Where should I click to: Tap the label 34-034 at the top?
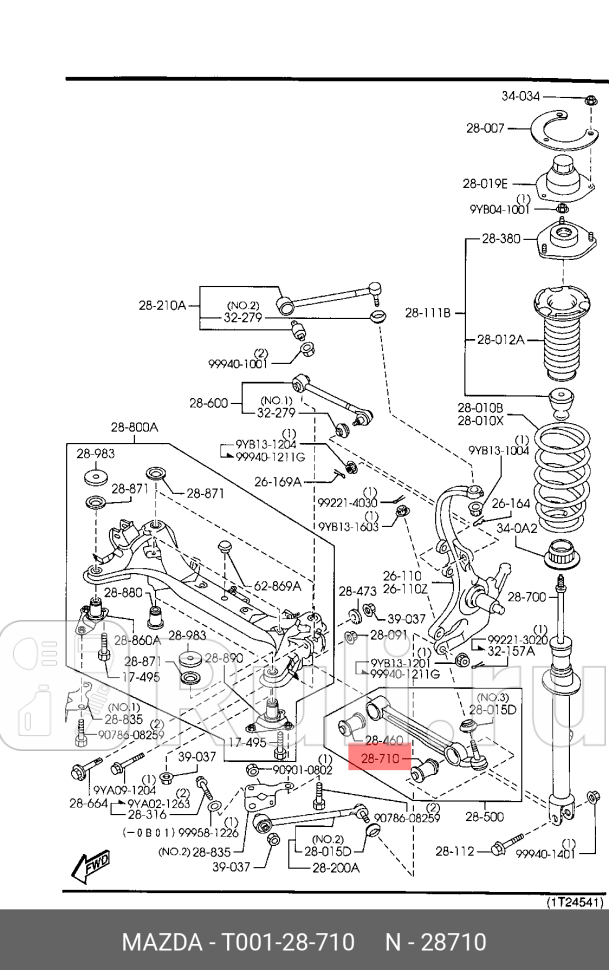point(520,97)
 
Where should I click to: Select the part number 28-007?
point(486,129)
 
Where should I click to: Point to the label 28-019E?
point(485,183)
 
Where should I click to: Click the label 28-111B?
point(428,313)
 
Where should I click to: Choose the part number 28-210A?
point(162,305)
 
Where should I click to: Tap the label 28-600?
point(209,403)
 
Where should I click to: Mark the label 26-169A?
point(277,481)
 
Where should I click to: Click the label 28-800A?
point(134,428)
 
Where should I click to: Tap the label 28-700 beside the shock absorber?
point(527,597)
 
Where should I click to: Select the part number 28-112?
point(455,851)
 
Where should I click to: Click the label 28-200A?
point(335,868)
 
